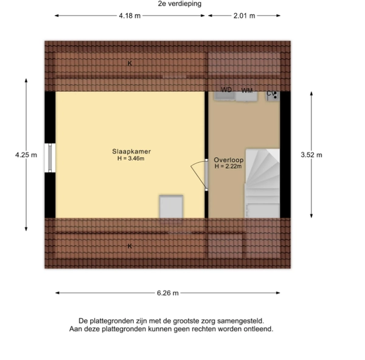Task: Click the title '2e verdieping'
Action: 179,4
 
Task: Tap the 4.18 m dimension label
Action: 130,16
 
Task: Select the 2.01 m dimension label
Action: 244,16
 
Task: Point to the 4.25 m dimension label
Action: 26,155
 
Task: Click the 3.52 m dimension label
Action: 311,155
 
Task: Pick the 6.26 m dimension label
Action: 168,293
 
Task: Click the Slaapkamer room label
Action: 131,151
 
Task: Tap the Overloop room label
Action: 229,160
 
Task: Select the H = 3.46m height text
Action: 131,158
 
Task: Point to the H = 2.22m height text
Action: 228,166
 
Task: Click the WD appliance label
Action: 226,90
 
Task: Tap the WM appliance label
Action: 247,91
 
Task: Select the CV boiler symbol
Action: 273,96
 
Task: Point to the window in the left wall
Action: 50,158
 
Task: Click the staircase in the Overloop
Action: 262,183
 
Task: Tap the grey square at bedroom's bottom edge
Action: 171,206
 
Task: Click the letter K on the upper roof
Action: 130,63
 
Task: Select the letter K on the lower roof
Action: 130,246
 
